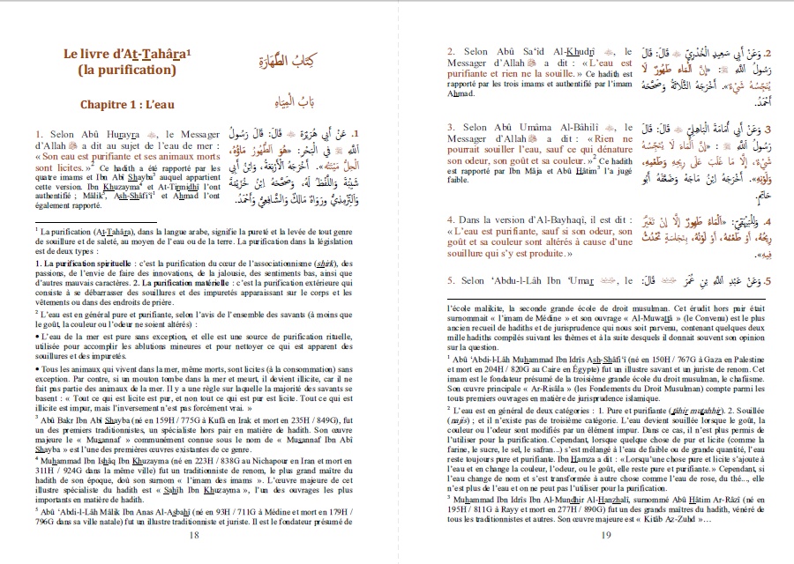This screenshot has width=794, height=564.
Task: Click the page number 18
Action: coord(193,534)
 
